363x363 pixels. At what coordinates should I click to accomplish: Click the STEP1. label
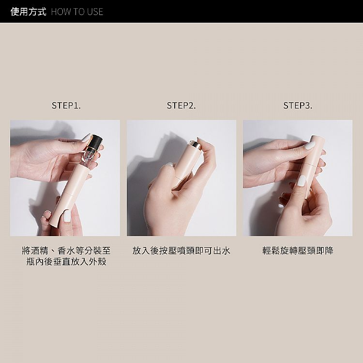tap(66, 106)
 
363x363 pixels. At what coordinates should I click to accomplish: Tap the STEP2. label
tap(181, 106)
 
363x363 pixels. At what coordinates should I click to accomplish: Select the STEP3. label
tap(298, 106)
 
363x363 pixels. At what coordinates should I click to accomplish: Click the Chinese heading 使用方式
tap(28, 12)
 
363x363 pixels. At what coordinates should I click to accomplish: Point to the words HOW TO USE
tap(77, 12)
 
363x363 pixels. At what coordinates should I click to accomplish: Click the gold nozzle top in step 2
tap(194, 144)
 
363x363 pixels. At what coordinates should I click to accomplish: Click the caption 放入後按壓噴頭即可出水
tap(181, 251)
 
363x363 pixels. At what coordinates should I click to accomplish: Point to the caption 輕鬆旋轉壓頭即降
tap(298, 251)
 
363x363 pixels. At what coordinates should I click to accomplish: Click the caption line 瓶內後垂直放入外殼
tap(66, 261)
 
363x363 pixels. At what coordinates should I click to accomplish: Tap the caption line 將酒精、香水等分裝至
tap(66, 251)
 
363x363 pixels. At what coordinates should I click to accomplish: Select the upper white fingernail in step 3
tap(310, 145)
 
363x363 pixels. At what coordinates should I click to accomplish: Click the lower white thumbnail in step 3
tap(301, 181)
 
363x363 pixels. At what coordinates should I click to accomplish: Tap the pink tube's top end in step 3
tap(315, 136)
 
